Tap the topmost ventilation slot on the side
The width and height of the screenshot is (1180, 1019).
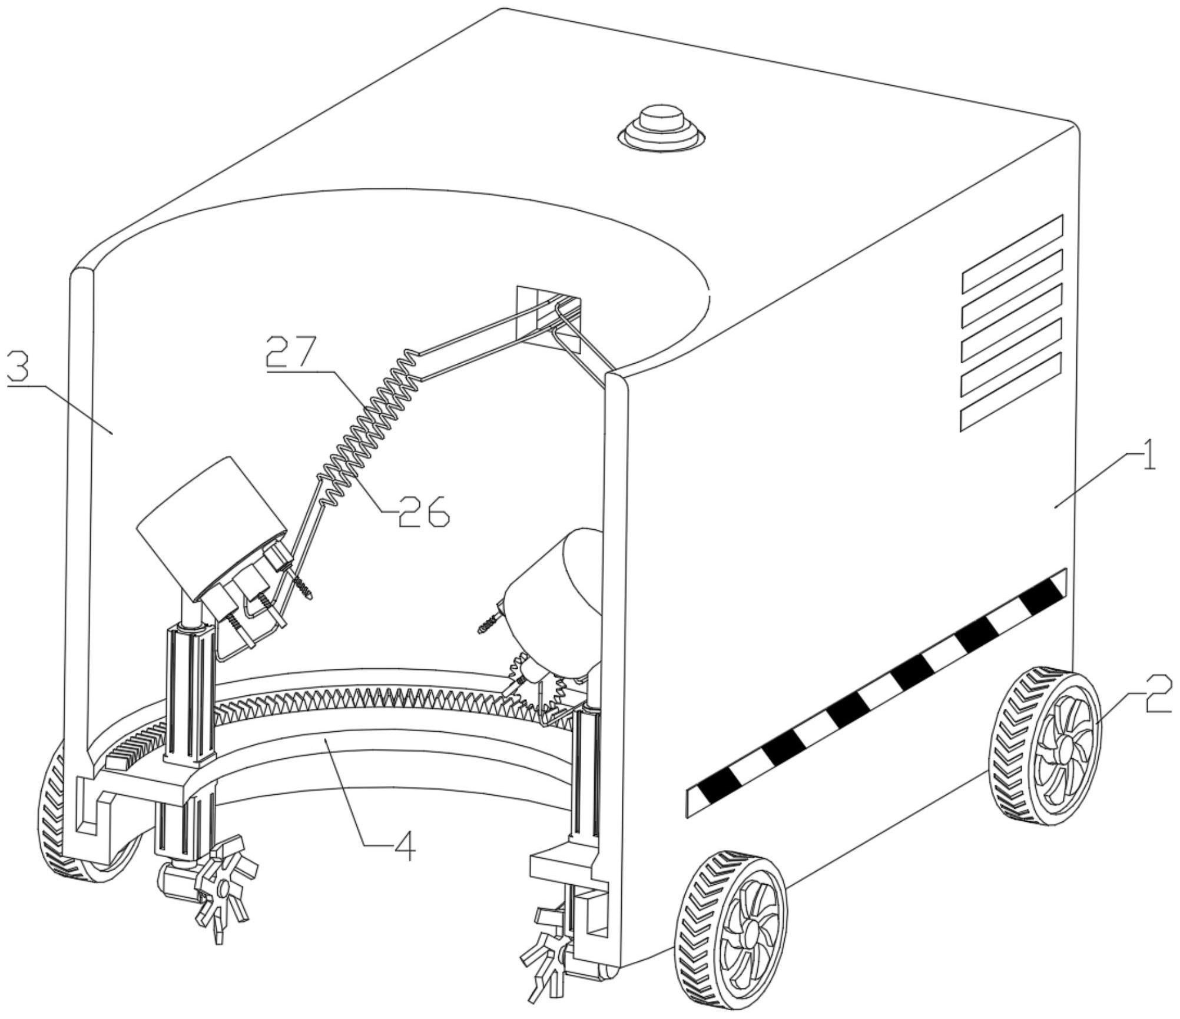point(1012,254)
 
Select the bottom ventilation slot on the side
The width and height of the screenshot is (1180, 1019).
point(1012,392)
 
